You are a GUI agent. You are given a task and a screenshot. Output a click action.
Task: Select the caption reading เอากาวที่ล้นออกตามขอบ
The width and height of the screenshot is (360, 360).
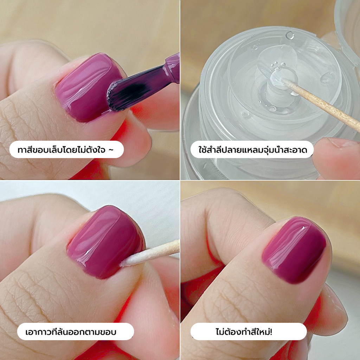point(70,332)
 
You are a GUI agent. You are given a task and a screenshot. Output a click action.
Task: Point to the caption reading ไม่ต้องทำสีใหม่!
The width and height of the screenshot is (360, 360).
point(244,332)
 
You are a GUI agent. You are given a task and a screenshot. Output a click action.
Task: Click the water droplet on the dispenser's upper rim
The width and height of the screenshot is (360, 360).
point(290,35)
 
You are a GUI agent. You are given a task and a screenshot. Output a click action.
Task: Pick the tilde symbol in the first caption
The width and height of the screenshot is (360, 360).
point(111,150)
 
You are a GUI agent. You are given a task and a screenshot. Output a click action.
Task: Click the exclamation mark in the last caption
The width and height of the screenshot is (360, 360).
point(271,332)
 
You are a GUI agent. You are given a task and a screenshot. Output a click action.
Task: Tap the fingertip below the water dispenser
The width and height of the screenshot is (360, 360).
point(336,156)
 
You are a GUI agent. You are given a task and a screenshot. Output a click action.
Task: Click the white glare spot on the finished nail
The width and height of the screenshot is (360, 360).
point(303,228)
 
